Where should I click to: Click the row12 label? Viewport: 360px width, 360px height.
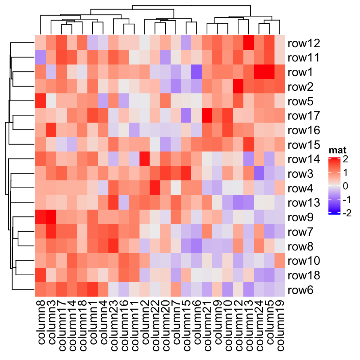(304, 43)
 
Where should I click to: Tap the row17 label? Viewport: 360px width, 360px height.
(304, 116)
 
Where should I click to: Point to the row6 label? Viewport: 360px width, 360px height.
(301, 290)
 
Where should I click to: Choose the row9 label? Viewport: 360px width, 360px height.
(301, 217)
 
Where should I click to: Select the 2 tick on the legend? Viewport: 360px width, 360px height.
(345, 159)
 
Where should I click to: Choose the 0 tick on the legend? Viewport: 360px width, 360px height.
(345, 186)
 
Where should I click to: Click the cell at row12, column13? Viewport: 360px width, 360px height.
(248, 43)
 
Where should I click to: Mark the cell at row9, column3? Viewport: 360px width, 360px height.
(51, 217)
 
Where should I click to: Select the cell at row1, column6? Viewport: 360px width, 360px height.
(196, 73)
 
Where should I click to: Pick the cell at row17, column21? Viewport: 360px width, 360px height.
(207, 116)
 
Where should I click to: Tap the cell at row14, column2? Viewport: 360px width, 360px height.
(144, 159)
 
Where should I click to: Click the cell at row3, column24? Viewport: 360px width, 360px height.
(259, 174)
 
